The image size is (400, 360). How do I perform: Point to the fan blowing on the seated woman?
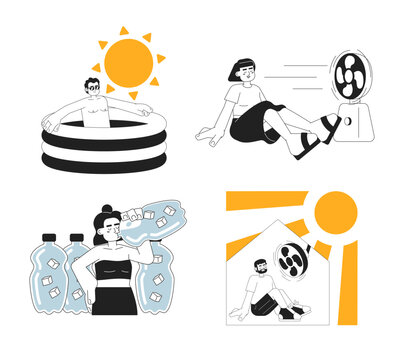coord(350,77)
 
